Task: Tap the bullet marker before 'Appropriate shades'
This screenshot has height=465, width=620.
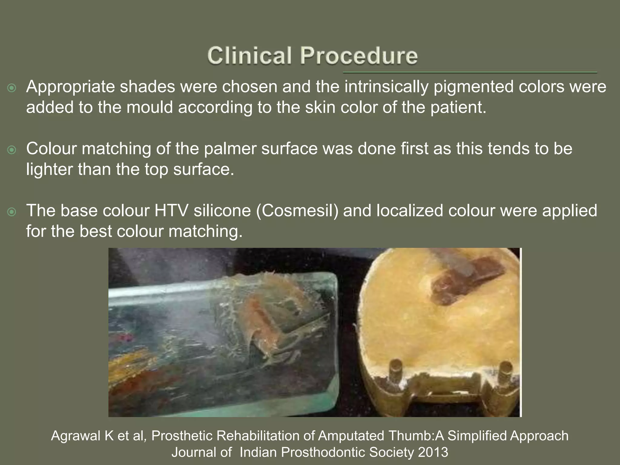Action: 12,88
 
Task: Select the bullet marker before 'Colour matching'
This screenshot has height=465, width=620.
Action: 12,150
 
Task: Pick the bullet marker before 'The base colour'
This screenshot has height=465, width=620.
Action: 12,212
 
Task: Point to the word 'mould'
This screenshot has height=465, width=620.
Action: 150,107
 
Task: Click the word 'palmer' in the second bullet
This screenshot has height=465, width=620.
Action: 230,149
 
